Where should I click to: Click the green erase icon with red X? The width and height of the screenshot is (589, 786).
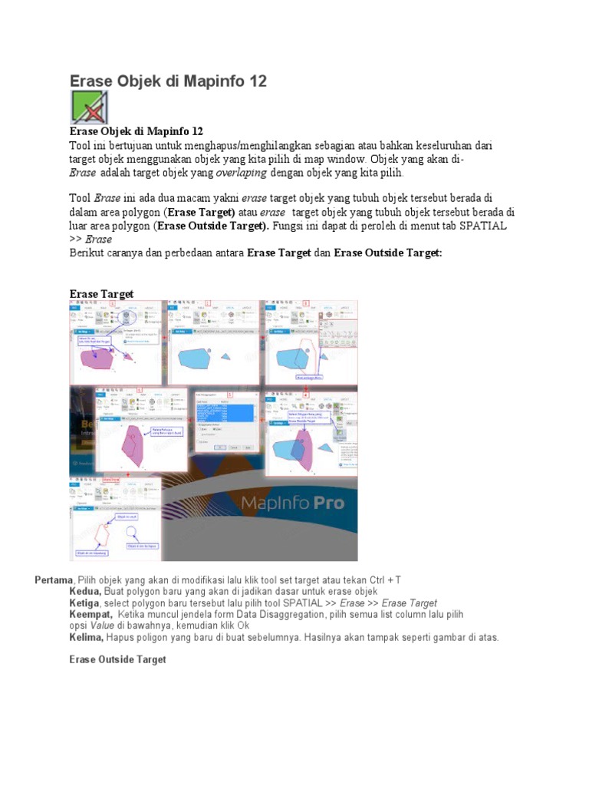coord(89,107)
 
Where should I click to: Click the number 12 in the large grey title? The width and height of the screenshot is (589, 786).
coord(254,81)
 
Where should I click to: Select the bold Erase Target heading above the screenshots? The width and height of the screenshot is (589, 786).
coord(101,294)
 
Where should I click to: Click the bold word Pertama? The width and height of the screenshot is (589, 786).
coord(54,579)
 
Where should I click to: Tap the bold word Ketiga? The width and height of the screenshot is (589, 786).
coord(87,603)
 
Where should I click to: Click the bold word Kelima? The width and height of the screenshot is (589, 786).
coord(87,637)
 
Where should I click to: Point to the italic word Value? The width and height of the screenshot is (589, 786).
coord(107,626)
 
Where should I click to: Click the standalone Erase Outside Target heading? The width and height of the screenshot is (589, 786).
coord(117,659)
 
